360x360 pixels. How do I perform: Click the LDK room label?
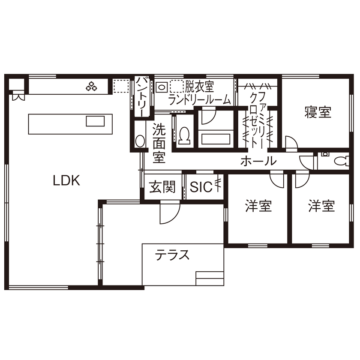point(66,180)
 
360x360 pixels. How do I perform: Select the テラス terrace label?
point(172,256)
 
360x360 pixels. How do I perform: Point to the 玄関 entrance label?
point(162,187)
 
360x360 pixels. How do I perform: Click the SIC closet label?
point(201,187)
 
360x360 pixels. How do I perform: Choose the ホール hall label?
point(258,162)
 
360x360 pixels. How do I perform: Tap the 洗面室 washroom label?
point(159,143)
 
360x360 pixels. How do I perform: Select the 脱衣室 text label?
point(199,87)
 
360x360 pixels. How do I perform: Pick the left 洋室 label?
point(258,206)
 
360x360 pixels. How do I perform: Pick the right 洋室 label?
point(321,206)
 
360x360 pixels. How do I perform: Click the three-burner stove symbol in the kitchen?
point(91,87)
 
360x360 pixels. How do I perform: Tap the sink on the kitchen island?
point(95,121)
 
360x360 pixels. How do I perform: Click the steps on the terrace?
point(210,278)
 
